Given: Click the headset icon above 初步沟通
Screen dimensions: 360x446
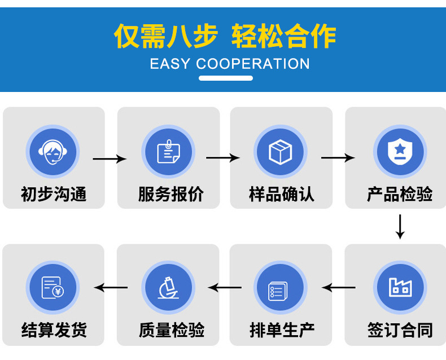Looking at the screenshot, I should pyautogui.click(x=53, y=152).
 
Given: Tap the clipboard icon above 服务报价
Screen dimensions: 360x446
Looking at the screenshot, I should pyautogui.click(x=168, y=152).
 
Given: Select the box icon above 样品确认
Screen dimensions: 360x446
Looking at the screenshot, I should pyautogui.click(x=280, y=152).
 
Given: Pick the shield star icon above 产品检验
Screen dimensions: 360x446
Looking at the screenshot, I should pyautogui.click(x=400, y=152).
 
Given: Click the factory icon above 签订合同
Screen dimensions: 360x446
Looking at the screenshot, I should pyautogui.click(x=400, y=287).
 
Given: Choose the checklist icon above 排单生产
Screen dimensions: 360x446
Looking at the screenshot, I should pyautogui.click(x=280, y=288).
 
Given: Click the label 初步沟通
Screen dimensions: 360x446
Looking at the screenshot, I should pyautogui.click(x=54, y=195).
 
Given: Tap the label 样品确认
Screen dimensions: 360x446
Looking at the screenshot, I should pyautogui.click(x=282, y=195).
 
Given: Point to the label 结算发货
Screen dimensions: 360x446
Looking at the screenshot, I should pyautogui.click(x=54, y=330).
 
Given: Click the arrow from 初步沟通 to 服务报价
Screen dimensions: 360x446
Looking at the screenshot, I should pyautogui.click(x=109, y=159).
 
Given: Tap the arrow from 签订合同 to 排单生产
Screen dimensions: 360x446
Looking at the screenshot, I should pyautogui.click(x=339, y=288).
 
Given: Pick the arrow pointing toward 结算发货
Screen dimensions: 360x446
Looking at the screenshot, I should pyautogui.click(x=111, y=288).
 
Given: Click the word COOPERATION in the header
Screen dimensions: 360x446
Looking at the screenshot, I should pyautogui.click(x=252, y=64).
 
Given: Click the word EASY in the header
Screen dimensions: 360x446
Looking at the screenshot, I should pyautogui.click(x=170, y=64).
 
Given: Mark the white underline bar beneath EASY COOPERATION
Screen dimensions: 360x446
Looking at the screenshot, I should pyautogui.click(x=225, y=78).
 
